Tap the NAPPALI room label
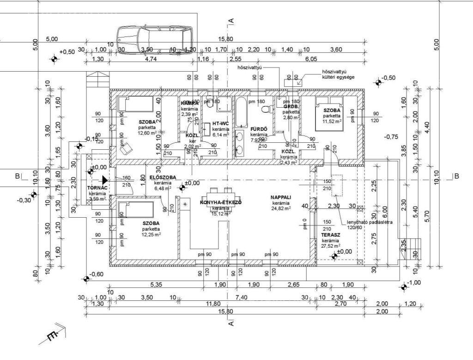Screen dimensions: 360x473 coord(281,197)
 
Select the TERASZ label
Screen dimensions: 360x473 coord(331,235)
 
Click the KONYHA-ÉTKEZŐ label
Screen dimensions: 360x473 coord(221,203)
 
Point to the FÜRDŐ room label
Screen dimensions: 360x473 coord(256,129)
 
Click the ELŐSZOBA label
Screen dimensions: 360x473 coord(163,177)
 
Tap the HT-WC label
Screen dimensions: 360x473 coord(220,124)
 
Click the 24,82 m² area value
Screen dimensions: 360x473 coord(281,209)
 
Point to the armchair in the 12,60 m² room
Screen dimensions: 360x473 coord(126,148)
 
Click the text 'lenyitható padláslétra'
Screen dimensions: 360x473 coord(370,222)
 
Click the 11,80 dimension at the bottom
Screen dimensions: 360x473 coord(213,304)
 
